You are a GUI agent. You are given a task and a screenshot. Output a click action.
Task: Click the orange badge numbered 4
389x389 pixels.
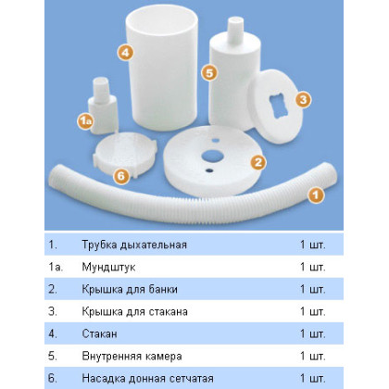tap(125, 53)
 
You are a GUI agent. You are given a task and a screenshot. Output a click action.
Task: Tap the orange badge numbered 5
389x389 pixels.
tap(209, 73)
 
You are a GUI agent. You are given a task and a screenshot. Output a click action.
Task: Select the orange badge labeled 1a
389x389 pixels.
tap(85, 121)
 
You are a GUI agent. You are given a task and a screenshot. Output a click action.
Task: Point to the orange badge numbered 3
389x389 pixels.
tap(303, 100)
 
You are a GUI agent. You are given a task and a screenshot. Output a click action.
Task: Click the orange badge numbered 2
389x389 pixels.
tap(258, 162)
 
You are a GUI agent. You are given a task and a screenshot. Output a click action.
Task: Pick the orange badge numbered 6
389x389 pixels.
tap(121, 176)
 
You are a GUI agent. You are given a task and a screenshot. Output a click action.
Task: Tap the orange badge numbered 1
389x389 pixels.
tap(316, 195)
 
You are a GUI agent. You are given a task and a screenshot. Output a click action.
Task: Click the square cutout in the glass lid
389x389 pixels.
tap(281, 106)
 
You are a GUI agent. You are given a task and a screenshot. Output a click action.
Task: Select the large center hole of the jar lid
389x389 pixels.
tap(212, 156)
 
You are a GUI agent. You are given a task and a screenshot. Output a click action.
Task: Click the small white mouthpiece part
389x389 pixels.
tap(103, 106)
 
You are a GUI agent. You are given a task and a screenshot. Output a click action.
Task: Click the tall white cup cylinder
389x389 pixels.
tap(162, 68)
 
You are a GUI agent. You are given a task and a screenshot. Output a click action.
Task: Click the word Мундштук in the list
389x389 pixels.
tap(108, 267)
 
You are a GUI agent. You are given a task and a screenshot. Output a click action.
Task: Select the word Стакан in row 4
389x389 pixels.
tap(99, 333)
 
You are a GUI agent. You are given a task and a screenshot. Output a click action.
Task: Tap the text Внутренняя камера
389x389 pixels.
tap(132, 356)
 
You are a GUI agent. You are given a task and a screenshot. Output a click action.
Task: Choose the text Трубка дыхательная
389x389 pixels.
tap(134, 245)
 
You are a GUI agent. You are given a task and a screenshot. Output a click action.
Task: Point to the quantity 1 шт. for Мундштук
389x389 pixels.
tap(313, 267)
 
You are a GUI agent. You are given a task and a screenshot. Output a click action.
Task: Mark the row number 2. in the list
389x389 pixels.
tap(53, 289)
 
